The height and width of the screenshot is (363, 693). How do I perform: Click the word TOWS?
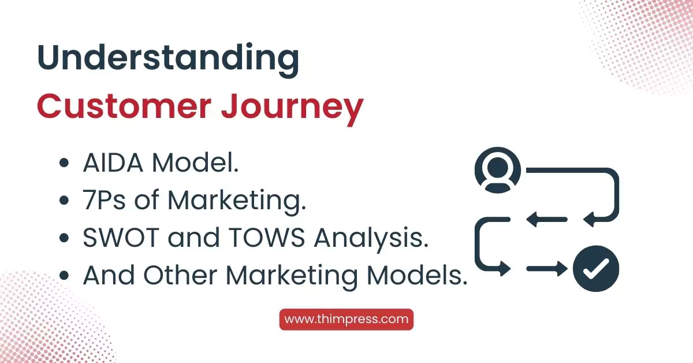267,239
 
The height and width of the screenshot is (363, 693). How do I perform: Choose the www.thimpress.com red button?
346,319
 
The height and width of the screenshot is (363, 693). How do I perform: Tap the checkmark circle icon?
595,268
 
